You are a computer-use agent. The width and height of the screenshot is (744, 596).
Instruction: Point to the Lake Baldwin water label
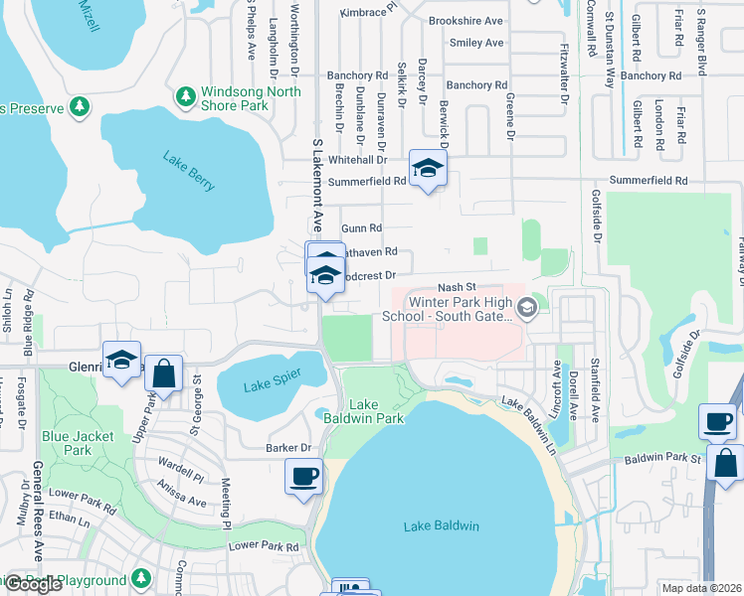pos(442,525)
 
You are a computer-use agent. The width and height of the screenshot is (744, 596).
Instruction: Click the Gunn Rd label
pos(362,227)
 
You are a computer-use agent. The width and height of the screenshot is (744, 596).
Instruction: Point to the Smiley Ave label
pos(476,44)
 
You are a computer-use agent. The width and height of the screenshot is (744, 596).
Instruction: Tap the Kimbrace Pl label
pos(368,13)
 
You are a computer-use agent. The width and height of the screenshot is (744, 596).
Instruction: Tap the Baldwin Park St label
pos(663,459)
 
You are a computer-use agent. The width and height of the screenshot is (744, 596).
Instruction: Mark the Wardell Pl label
pos(182,466)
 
